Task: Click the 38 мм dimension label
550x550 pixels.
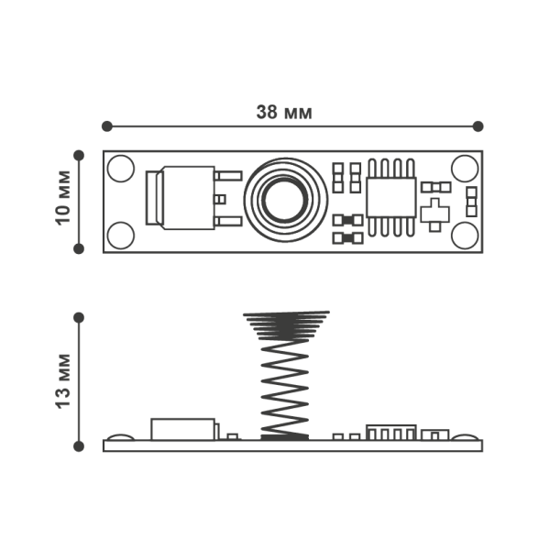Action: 284,112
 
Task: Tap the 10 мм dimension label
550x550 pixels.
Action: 63,197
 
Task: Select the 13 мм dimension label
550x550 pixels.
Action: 63,381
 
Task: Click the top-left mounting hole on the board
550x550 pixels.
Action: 121,169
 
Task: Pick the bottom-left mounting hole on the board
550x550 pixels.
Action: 121,236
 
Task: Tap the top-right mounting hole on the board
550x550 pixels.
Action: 465,169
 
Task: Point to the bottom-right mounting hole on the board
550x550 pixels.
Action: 465,236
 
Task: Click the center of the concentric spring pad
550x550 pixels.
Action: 285,200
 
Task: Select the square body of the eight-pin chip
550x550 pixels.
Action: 391,197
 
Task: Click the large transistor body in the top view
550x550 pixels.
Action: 188,198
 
